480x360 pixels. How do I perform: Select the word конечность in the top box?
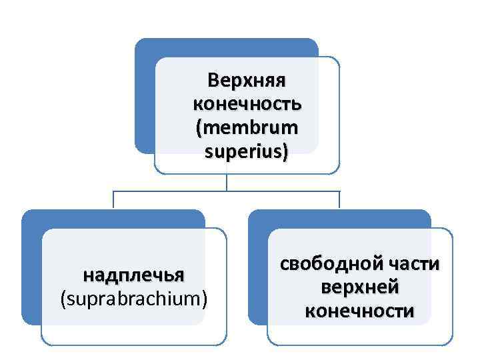247,105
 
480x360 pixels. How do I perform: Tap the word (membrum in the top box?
247,128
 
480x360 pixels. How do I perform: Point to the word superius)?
247,152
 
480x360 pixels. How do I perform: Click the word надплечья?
133,275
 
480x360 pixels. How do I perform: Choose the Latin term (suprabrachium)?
133,299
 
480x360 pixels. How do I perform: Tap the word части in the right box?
413,263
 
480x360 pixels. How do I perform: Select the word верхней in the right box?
360,287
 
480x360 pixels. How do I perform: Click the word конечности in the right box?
360,311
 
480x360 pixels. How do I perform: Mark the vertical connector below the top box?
227,183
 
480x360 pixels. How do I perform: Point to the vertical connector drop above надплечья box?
113,200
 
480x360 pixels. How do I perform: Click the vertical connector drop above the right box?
339,200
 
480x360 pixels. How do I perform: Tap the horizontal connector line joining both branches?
227,191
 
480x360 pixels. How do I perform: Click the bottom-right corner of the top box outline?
337,171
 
